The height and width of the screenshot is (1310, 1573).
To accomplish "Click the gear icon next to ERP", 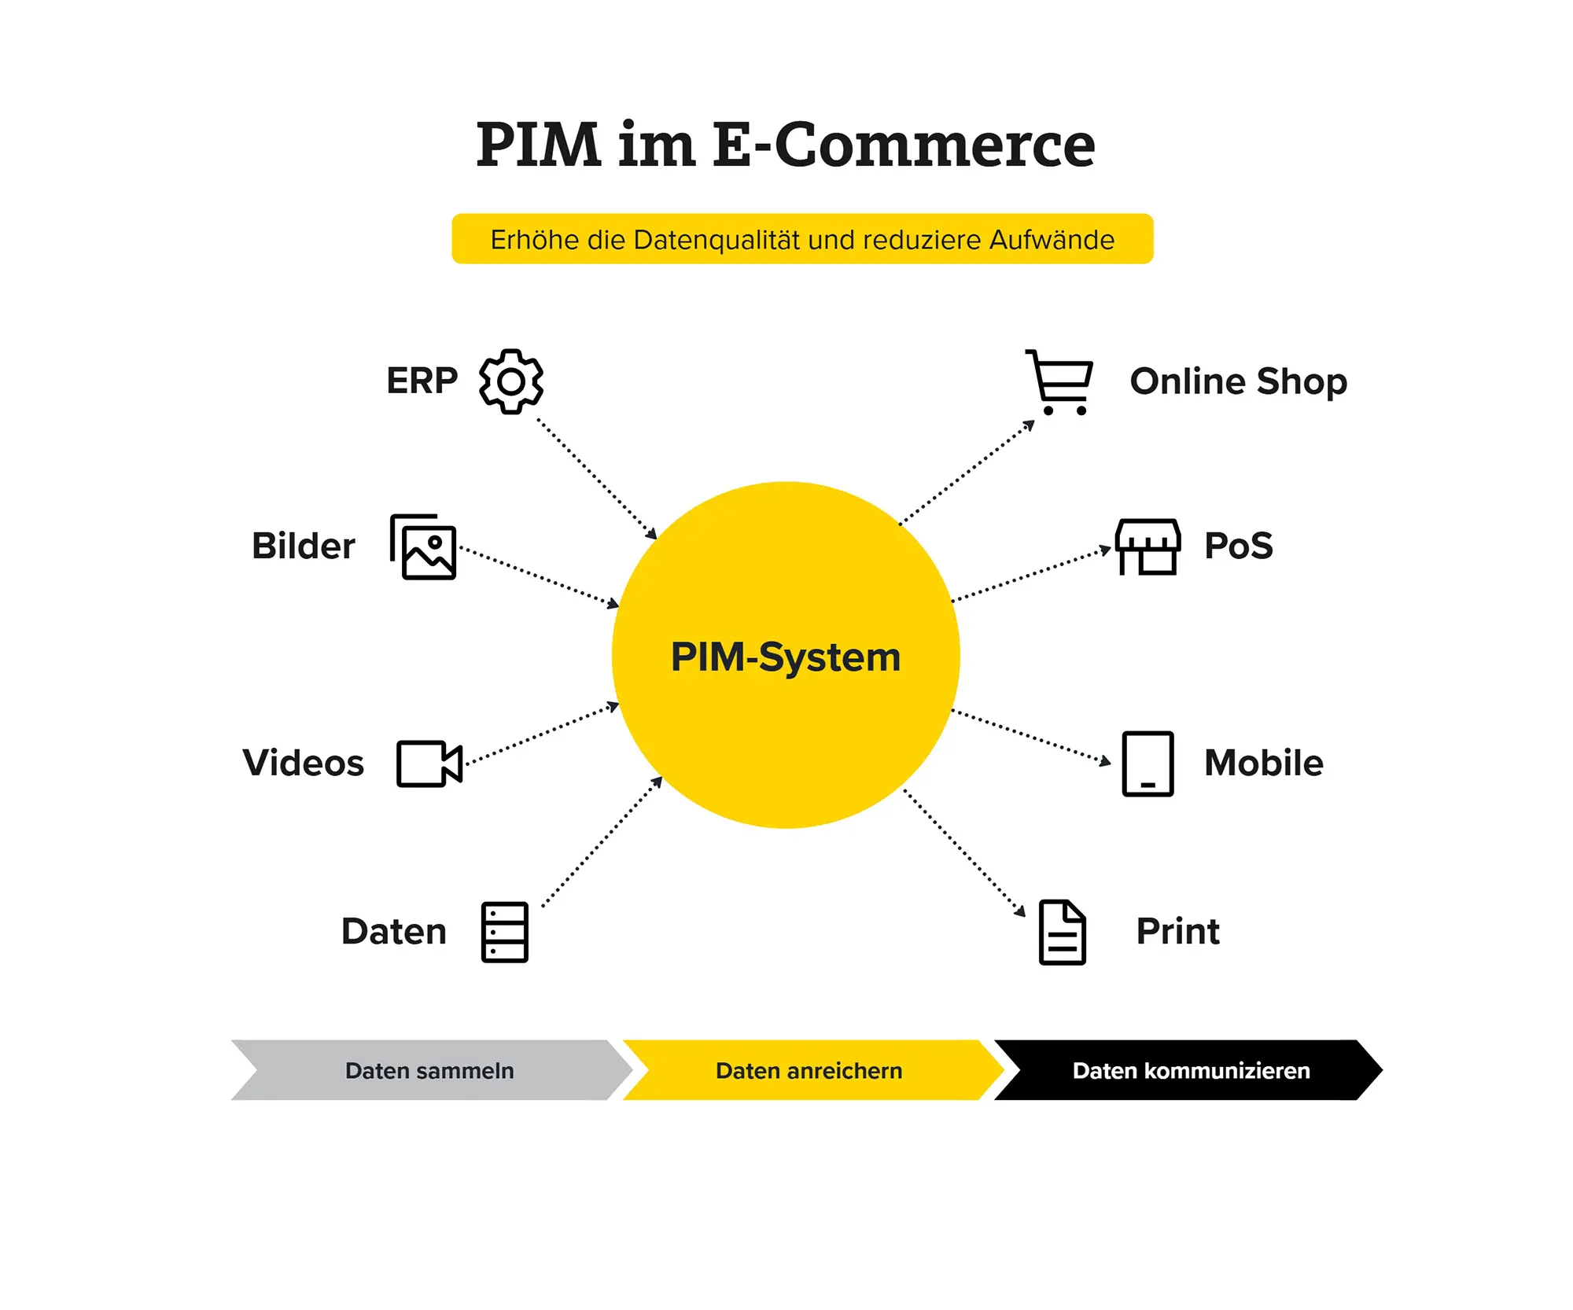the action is click(511, 381).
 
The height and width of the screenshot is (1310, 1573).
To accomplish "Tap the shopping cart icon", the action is click(1059, 382).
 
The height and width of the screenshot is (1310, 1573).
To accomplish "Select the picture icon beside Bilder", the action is click(423, 547).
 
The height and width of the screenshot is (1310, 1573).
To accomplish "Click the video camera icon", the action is click(429, 764).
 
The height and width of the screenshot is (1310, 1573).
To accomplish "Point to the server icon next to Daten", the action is click(505, 933).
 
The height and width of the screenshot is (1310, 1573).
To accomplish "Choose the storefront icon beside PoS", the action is click(1148, 547).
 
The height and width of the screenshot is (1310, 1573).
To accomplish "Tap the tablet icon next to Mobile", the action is click(1148, 764).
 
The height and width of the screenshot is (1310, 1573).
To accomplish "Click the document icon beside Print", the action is click(1063, 933).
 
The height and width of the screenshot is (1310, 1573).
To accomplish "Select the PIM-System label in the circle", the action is click(786, 657).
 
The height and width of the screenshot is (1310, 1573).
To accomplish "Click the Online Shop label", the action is click(1239, 381).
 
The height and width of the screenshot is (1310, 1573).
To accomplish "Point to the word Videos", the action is click(304, 763).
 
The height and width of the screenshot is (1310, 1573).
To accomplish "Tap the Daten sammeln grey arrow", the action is click(431, 1070).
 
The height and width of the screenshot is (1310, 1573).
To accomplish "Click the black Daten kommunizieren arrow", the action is click(1188, 1070).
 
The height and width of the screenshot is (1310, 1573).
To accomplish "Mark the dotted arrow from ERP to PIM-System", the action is click(597, 479).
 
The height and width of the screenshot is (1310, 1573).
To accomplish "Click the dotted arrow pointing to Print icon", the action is click(964, 853).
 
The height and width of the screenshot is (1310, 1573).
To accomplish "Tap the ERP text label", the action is click(422, 381).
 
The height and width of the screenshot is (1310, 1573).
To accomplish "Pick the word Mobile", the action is click(1264, 763).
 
